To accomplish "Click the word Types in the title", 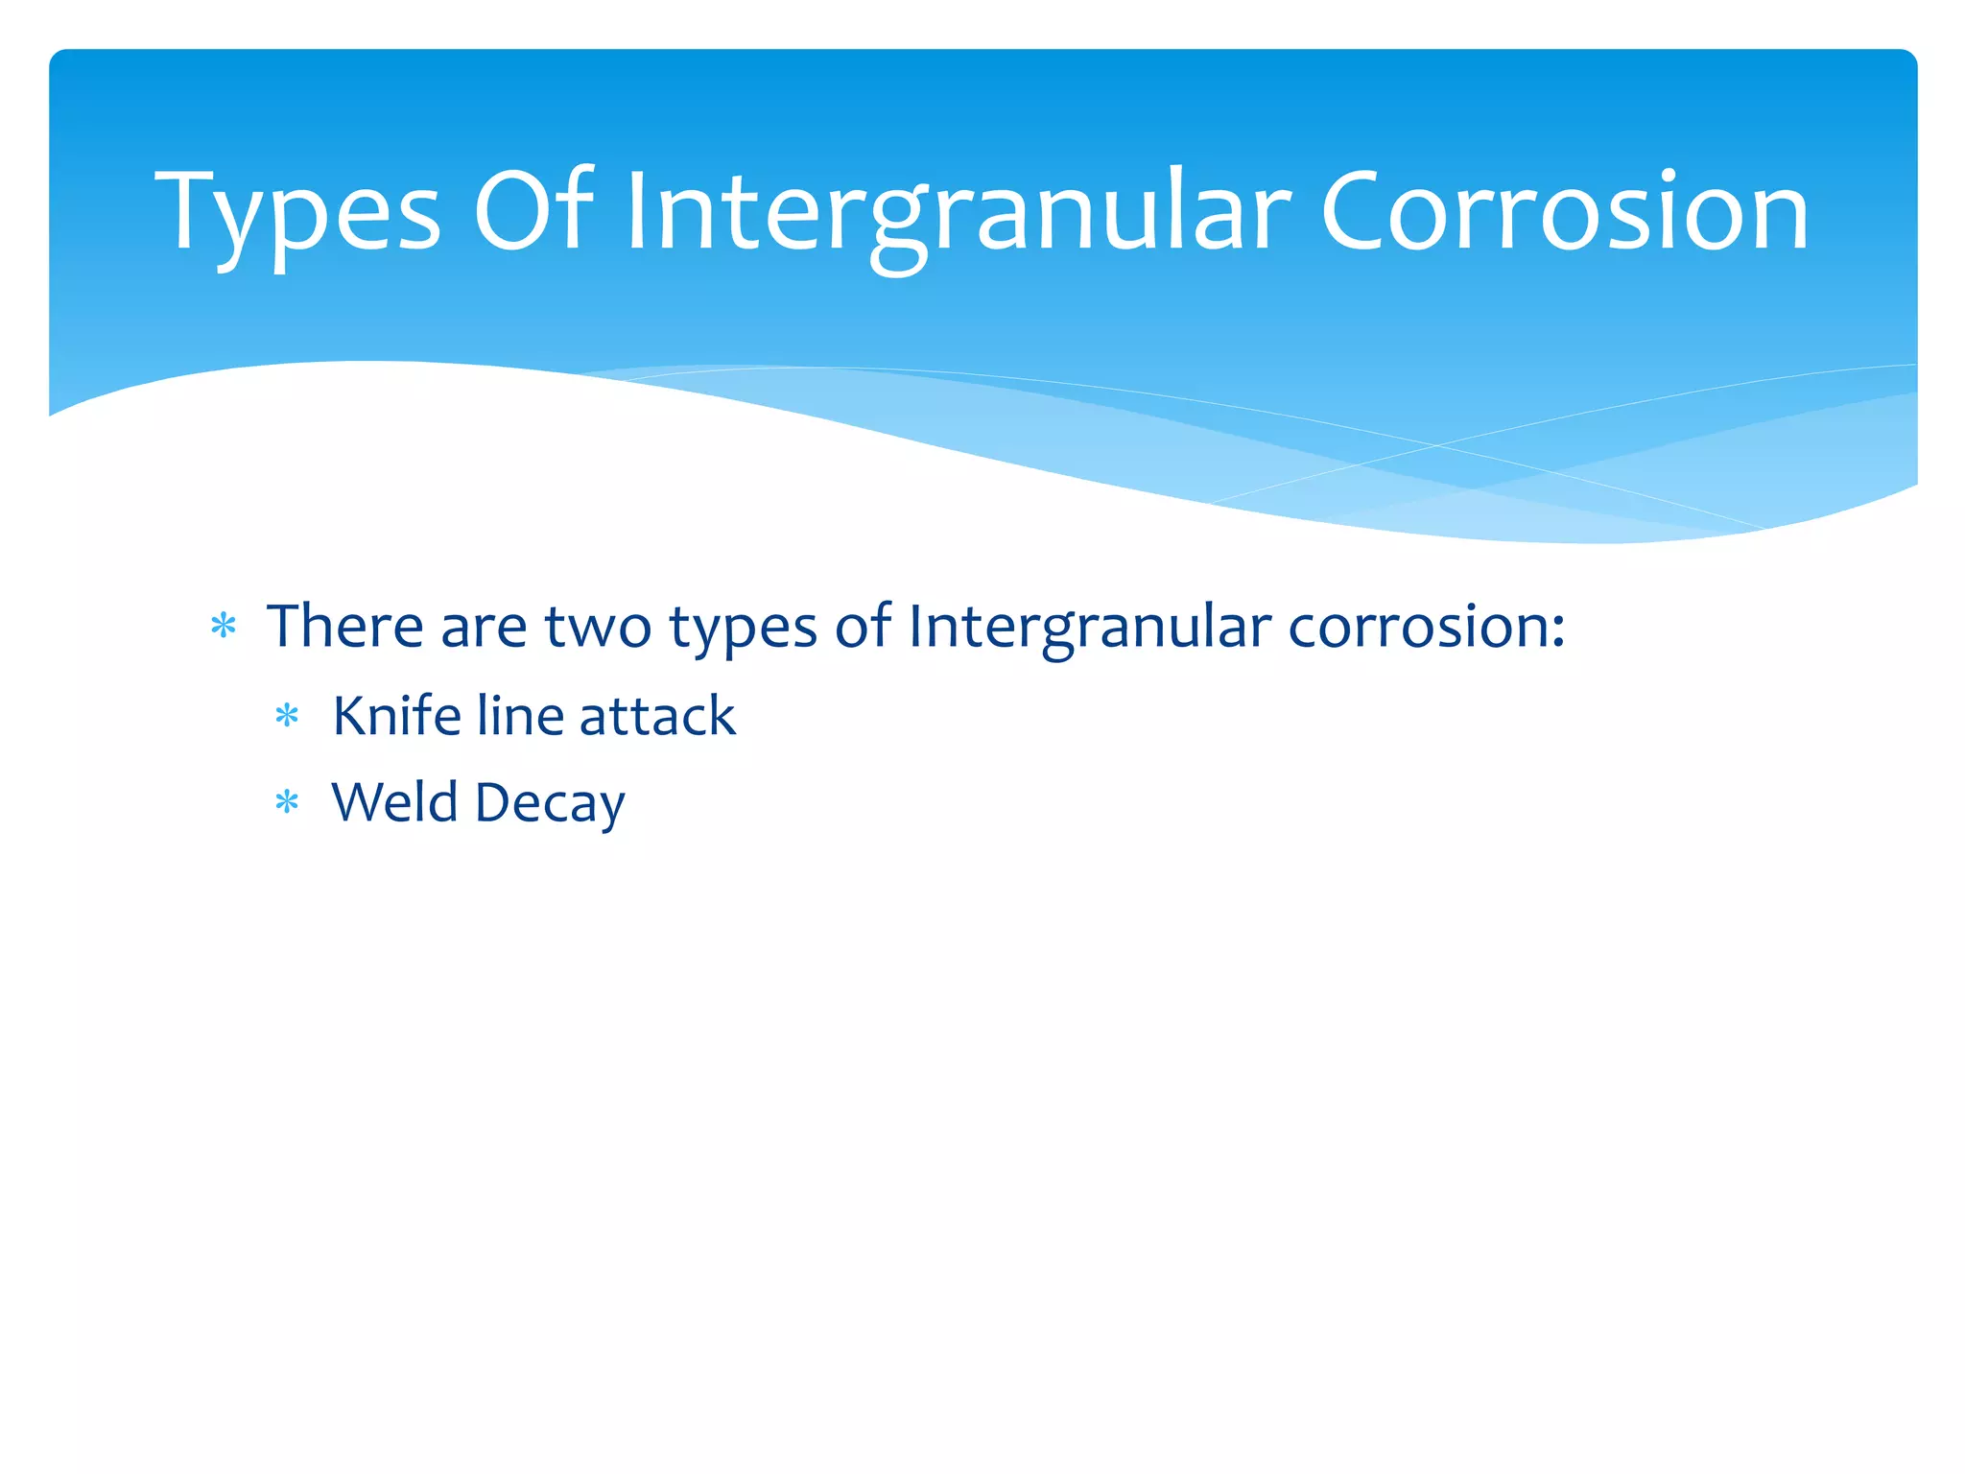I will point(297,213).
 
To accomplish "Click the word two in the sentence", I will point(598,628).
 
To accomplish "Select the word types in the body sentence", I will point(743,630).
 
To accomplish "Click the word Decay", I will point(550,804).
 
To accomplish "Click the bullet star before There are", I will point(224,627).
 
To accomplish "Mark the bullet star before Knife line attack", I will point(287,716).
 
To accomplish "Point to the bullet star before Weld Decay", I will point(287,801).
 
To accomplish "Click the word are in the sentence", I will point(484,630).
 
